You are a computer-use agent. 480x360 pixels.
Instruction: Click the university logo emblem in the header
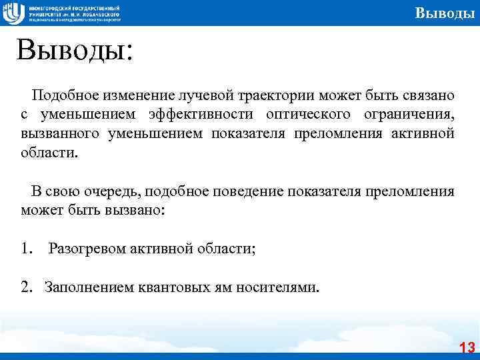(13, 13)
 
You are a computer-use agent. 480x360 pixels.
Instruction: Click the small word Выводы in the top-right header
(444, 13)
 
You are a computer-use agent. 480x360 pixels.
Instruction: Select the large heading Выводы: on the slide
(75, 50)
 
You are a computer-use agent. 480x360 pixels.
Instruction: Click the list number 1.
(25, 249)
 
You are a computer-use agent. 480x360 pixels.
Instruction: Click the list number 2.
(25, 287)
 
